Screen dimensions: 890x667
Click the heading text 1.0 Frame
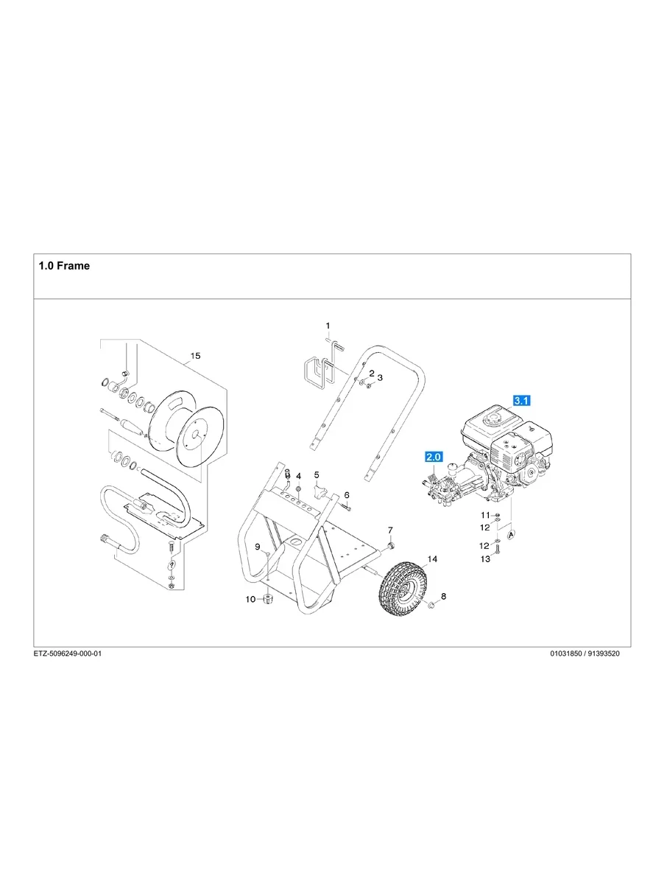point(64,266)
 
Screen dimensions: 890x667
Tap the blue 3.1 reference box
point(522,400)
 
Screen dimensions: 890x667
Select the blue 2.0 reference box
point(432,457)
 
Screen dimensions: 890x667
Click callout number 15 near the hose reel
point(195,356)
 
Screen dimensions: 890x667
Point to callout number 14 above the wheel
point(432,560)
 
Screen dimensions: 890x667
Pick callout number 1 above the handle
point(328,325)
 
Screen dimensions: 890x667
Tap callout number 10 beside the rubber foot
point(250,600)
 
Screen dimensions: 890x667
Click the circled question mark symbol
point(172,564)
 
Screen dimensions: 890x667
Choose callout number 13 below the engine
point(485,560)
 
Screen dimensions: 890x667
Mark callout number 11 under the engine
point(485,514)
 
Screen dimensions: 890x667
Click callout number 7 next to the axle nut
point(391,530)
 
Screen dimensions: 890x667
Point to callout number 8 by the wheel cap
point(443,595)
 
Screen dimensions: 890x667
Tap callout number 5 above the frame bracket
point(317,475)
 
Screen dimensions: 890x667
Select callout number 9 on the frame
point(258,546)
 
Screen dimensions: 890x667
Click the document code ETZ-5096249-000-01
point(67,654)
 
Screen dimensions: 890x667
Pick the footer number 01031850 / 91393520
point(585,654)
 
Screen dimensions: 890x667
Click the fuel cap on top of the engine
point(490,416)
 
